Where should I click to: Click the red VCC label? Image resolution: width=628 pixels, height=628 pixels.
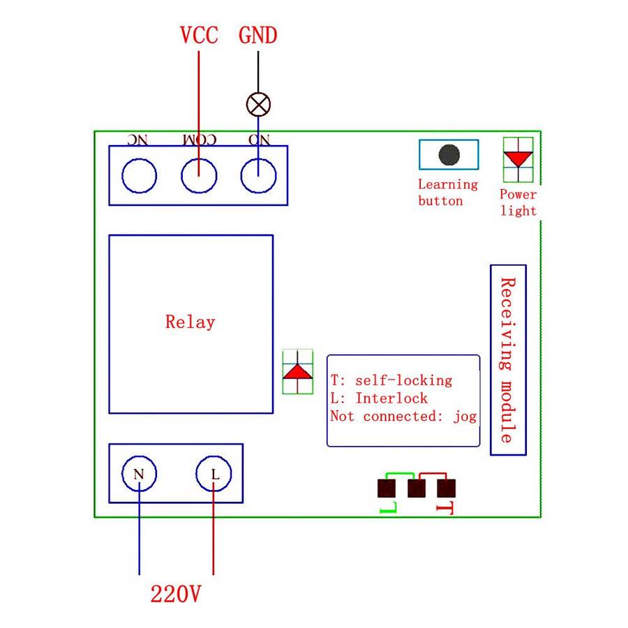click(x=199, y=35)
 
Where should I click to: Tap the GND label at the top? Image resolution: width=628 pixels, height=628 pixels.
click(x=258, y=35)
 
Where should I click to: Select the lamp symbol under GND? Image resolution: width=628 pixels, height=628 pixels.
click(x=258, y=105)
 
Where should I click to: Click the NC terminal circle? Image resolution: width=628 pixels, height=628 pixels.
click(x=139, y=176)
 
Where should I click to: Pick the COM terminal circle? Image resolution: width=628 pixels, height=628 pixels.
click(x=199, y=176)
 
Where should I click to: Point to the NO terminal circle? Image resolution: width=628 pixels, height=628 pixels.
click(x=258, y=176)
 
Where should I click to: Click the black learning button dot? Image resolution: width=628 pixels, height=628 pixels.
click(x=449, y=154)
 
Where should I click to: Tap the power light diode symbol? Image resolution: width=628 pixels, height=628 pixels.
click(x=518, y=158)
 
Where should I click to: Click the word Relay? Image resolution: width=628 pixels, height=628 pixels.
click(x=190, y=322)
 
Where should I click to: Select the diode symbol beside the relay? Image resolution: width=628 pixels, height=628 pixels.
click(x=298, y=372)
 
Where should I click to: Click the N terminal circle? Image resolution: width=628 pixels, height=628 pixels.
click(x=139, y=474)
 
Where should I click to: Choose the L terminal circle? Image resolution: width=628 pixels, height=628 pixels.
click(x=214, y=474)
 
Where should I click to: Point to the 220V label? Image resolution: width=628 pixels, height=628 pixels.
click(x=176, y=595)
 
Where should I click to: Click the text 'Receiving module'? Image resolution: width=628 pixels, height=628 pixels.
click(x=508, y=360)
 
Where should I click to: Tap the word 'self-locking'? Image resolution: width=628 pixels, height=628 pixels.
click(x=403, y=381)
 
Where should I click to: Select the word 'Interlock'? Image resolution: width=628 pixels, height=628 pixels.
click(x=391, y=398)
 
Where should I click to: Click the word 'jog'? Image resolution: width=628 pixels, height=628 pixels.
click(x=465, y=417)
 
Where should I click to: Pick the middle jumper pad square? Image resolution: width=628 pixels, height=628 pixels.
click(x=417, y=486)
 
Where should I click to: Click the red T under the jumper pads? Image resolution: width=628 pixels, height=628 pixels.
click(x=444, y=508)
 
